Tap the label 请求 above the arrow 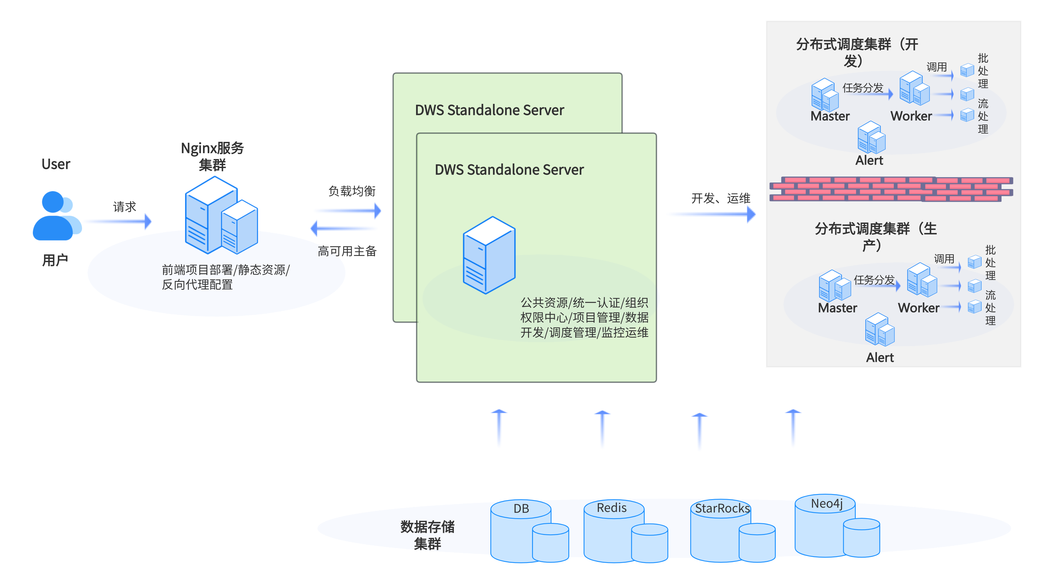pyautogui.click(x=124, y=207)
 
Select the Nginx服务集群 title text pyautogui.click(x=212, y=156)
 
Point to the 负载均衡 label pyautogui.click(x=352, y=191)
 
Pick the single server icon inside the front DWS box pyautogui.click(x=489, y=255)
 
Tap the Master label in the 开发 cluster pyautogui.click(x=830, y=116)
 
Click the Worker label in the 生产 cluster pyautogui.click(x=919, y=308)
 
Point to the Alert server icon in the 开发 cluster pyautogui.click(x=871, y=138)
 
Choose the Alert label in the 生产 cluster pyautogui.click(x=880, y=358)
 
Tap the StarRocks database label pyautogui.click(x=722, y=508)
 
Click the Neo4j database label pyautogui.click(x=827, y=503)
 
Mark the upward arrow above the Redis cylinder pyautogui.click(x=602, y=428)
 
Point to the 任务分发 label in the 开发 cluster pyautogui.click(x=863, y=88)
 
